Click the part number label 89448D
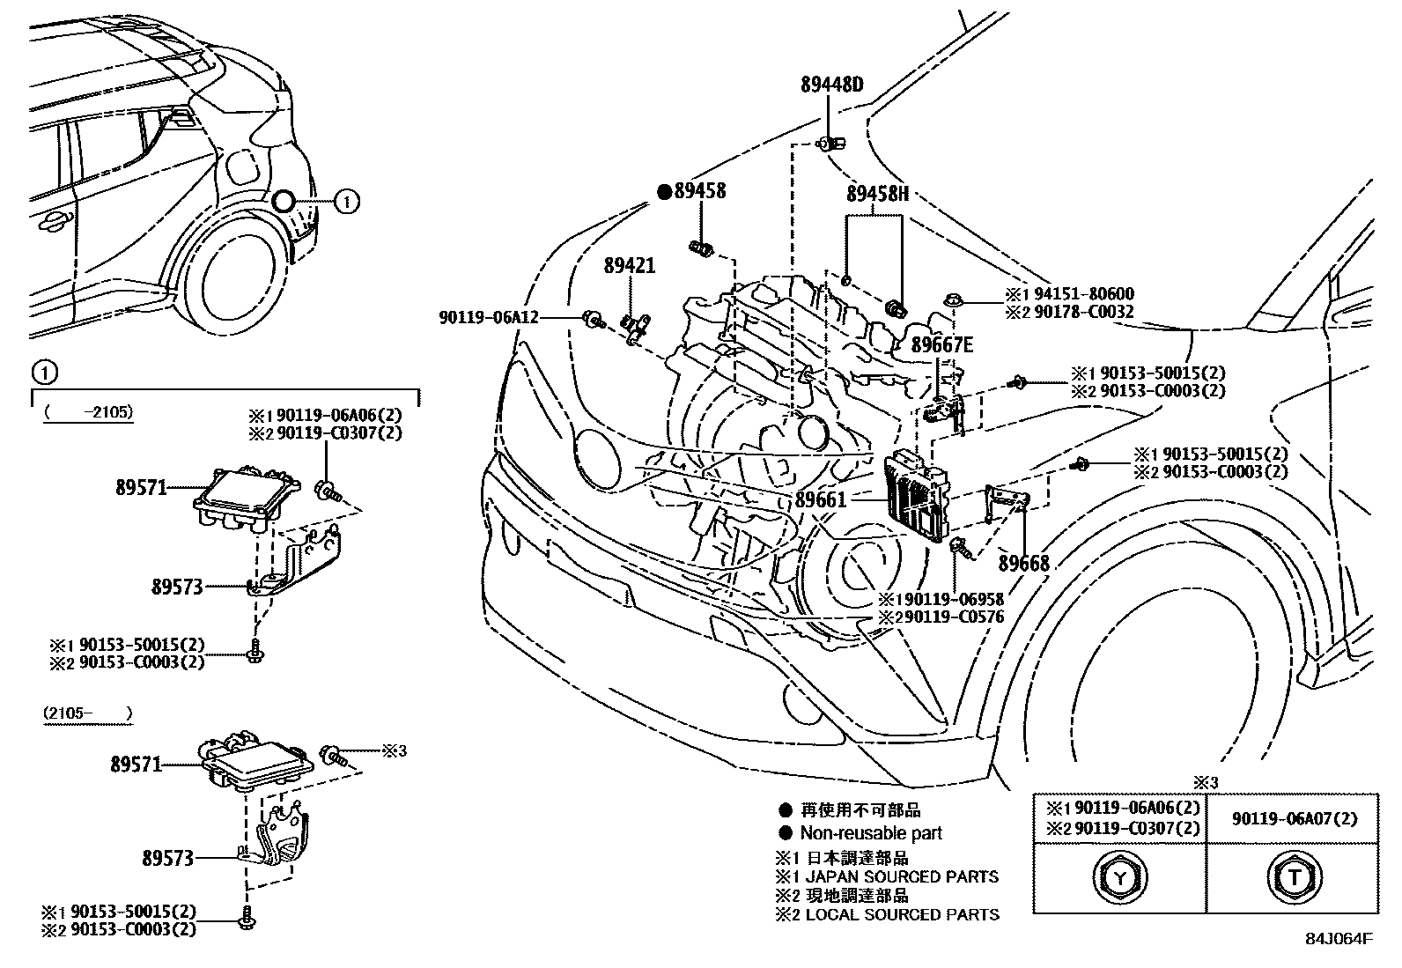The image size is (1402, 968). pyautogui.click(x=831, y=85)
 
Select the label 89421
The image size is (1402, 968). pyautogui.click(x=629, y=265)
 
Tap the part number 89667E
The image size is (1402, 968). pyautogui.click(x=941, y=345)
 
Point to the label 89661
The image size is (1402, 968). pyautogui.click(x=820, y=499)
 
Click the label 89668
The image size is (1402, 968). pyautogui.click(x=1023, y=563)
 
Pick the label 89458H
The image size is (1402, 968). pyautogui.click(x=877, y=194)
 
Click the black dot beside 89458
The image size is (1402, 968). pyautogui.click(x=666, y=192)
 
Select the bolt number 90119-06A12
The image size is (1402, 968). pyautogui.click(x=488, y=317)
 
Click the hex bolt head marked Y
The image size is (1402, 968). pyautogui.click(x=1119, y=876)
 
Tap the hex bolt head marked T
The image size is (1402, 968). pyautogui.click(x=1294, y=876)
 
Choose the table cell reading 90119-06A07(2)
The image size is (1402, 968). pyautogui.click(x=1294, y=819)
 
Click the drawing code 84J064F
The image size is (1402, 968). pyautogui.click(x=1339, y=939)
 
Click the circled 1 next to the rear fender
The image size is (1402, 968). pyautogui.click(x=347, y=202)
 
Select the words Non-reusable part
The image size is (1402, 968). pyautogui.click(x=870, y=832)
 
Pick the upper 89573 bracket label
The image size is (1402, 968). pyautogui.click(x=177, y=587)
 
